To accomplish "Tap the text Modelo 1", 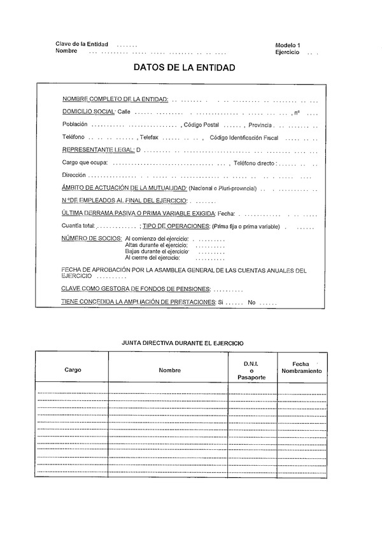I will click(x=288, y=45).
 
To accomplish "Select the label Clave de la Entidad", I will click(x=81, y=44).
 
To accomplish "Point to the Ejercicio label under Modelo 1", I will click(x=288, y=52).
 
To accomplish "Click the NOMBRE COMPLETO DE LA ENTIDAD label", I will click(x=115, y=100).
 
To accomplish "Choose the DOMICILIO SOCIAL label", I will click(x=88, y=112).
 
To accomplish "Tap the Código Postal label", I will click(x=202, y=125).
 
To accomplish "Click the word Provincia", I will click(x=261, y=125).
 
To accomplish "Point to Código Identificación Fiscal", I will click(x=244, y=137).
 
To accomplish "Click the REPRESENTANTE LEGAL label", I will click(x=98, y=150).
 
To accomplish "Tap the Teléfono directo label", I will click(x=255, y=162).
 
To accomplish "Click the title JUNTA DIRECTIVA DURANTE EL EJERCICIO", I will click(x=183, y=342).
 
